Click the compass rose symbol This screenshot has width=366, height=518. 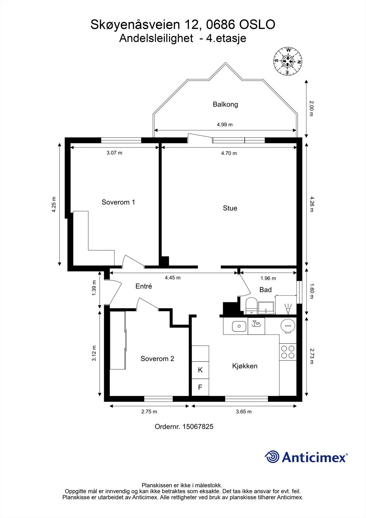[288, 61]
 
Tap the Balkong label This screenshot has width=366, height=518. [225, 105]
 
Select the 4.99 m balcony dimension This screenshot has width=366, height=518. [225, 125]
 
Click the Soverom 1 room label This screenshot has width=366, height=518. [118, 202]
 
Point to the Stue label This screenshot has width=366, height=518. [230, 208]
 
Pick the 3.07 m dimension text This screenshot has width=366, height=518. [114, 153]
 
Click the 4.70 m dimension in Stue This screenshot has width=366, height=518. [229, 153]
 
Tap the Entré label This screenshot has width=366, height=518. [144, 286]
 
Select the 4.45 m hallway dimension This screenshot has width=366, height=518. [172, 278]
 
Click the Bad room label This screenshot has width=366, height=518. [265, 290]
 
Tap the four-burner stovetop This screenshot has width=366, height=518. [288, 352]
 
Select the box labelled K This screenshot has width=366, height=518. [200, 370]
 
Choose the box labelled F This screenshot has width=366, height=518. [200, 387]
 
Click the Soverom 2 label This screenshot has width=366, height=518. [157, 359]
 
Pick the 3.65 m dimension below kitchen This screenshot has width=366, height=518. [244, 411]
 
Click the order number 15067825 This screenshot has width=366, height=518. [198, 427]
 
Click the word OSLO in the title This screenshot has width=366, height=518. [257, 25]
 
